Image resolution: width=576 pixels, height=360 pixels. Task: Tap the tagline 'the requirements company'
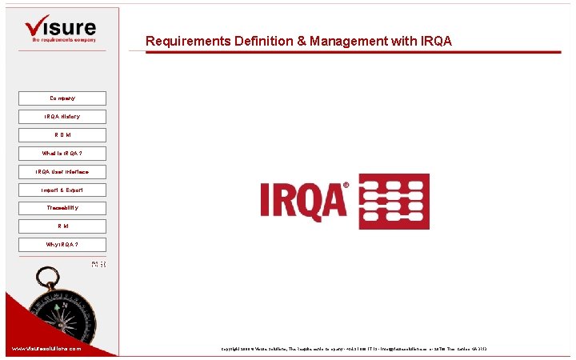point(63,38)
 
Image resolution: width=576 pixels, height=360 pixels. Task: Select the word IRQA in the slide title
point(435,41)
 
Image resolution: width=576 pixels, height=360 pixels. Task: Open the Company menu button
point(62,98)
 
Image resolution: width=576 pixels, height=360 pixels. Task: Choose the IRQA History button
point(62,117)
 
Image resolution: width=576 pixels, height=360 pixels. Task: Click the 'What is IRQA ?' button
point(62,154)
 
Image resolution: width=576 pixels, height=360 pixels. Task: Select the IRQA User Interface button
point(62,172)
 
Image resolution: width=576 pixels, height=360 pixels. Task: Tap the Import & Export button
point(62,190)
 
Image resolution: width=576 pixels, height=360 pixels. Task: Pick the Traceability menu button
point(62,208)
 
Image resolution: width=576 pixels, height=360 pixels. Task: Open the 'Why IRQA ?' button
point(62,245)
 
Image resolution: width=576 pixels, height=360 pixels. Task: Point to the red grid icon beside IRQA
point(394,202)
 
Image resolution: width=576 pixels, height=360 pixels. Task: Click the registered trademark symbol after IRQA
point(346,186)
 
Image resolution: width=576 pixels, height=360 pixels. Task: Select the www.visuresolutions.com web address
point(46,349)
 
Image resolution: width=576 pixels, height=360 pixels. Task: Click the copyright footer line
point(354,349)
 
